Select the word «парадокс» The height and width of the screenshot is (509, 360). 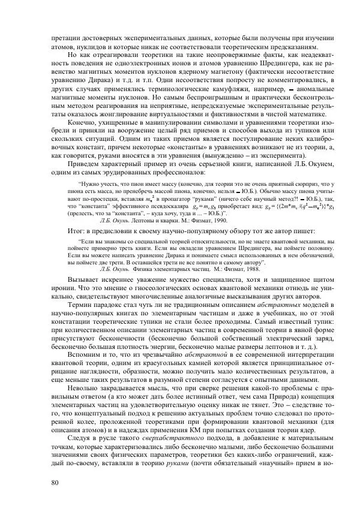tap(106, 306)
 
